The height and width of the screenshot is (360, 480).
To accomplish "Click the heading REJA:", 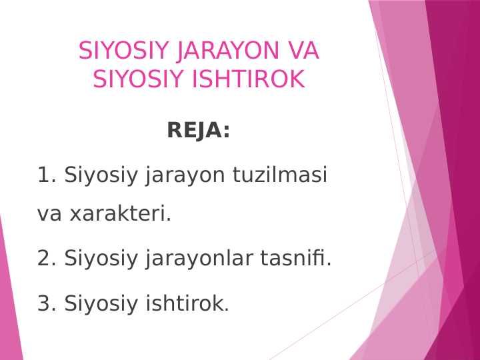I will (198, 131).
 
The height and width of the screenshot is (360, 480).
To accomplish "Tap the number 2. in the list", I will (47, 258).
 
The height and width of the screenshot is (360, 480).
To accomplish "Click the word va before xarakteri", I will (50, 215).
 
